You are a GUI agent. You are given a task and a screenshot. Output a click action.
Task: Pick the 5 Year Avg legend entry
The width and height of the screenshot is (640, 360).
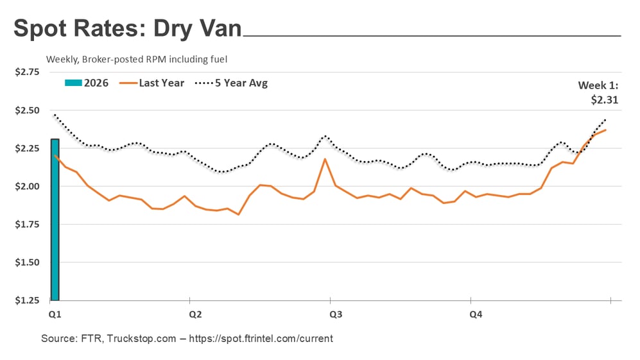coord(231,83)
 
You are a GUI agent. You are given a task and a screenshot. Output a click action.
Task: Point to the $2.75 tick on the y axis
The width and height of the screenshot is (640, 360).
coord(27,72)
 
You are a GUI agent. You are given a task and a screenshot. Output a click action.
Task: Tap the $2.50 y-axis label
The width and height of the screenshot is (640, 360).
coord(27,110)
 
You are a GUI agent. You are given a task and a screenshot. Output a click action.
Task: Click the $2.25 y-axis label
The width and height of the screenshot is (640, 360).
coord(27,148)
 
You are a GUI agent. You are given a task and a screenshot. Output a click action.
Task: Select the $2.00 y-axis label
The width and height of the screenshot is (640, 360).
coord(27,186)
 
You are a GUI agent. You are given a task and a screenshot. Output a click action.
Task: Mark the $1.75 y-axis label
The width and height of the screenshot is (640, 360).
coord(27,225)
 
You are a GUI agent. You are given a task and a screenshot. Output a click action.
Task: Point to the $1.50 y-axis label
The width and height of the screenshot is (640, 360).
coord(27,262)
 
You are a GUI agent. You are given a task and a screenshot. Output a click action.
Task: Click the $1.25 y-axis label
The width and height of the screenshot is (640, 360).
coord(27,300)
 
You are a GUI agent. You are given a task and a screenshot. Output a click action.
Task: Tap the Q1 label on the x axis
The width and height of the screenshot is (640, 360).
coord(55,314)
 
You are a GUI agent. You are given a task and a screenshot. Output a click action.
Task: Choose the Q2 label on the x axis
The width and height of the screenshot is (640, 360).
coord(195,314)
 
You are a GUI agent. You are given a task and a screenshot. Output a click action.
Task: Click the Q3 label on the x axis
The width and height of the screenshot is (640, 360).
coord(335,314)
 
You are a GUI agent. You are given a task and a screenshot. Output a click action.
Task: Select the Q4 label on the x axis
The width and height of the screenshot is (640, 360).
coord(476,314)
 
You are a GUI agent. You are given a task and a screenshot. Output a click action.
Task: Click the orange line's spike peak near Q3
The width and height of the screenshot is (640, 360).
coord(325,159)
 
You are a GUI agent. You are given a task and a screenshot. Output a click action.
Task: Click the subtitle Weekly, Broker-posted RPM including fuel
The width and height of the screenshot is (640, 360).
coord(137,59)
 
